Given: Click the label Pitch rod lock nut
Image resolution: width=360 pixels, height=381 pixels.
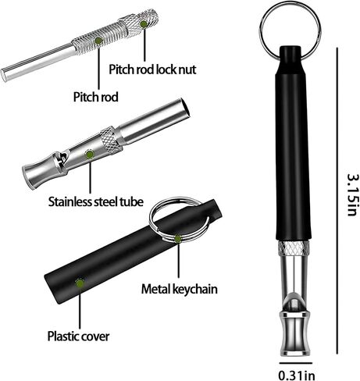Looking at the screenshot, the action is (x=152, y=69).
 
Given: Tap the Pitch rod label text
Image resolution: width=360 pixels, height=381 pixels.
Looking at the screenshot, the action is (x=96, y=97).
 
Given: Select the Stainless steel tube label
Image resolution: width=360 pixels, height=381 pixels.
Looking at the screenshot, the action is (x=96, y=201).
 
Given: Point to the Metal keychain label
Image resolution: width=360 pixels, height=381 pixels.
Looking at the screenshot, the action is (x=179, y=289).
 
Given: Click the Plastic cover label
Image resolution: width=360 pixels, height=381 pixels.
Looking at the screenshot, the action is (x=78, y=336).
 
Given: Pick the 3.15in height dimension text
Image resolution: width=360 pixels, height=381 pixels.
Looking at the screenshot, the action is (x=353, y=194).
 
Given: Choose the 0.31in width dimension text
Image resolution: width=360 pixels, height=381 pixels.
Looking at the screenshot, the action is (x=297, y=376).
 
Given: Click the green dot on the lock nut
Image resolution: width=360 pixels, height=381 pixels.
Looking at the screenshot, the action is (x=144, y=24).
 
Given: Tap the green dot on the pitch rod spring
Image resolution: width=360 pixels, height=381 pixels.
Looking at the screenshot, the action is (x=98, y=41).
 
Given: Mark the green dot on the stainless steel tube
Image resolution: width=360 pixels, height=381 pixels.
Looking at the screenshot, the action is (x=90, y=155).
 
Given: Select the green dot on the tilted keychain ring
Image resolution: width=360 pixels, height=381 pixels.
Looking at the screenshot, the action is (x=178, y=238).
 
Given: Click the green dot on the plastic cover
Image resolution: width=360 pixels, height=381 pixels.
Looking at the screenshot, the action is (x=80, y=283).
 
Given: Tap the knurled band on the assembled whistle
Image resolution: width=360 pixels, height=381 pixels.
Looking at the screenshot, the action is (x=294, y=248).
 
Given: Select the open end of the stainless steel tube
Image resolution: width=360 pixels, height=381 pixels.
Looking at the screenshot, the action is (x=186, y=108).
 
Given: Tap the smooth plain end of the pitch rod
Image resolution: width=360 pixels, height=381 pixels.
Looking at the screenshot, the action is (x=37, y=62).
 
